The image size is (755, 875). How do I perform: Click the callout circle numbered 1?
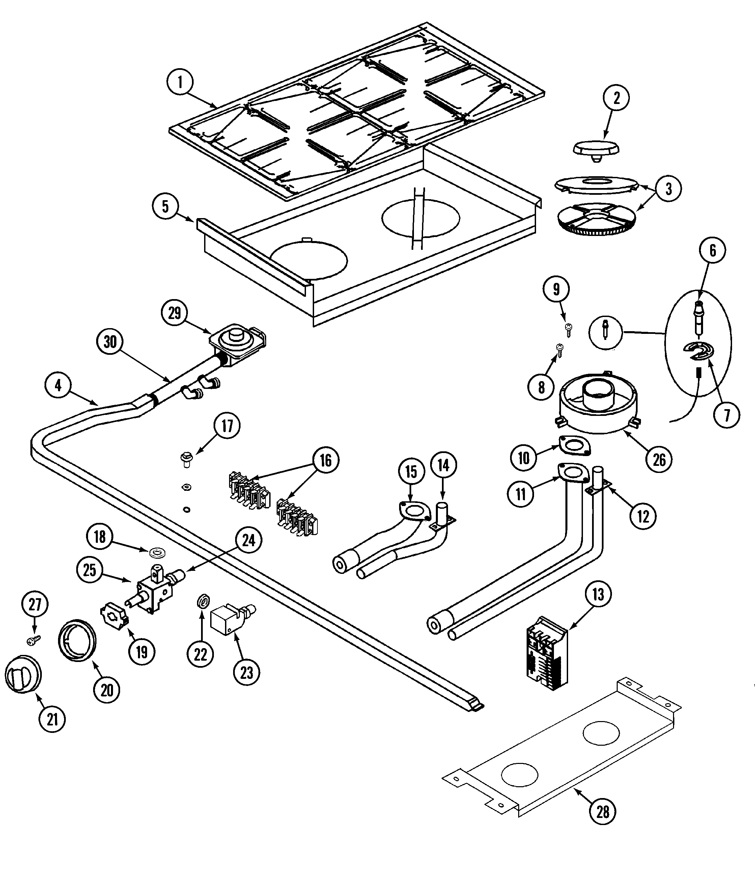pos(180,81)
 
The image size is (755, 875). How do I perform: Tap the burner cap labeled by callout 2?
pos(596,150)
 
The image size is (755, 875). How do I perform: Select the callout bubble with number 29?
pos(174,313)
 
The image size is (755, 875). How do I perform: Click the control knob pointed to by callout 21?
pos(23,674)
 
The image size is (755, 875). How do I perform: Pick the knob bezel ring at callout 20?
pos(77,640)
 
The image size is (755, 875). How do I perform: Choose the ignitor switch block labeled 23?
pos(230,619)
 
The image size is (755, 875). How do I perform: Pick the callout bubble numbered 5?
pos(165,207)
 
